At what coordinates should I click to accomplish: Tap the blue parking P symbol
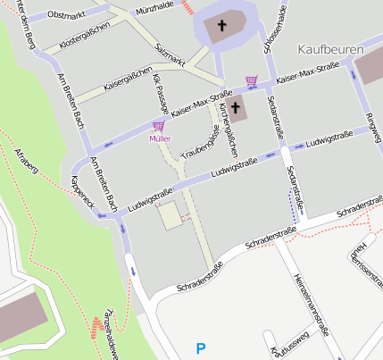click(200, 347)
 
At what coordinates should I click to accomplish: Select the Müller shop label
click(160, 139)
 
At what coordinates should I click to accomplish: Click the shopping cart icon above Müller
click(159, 127)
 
